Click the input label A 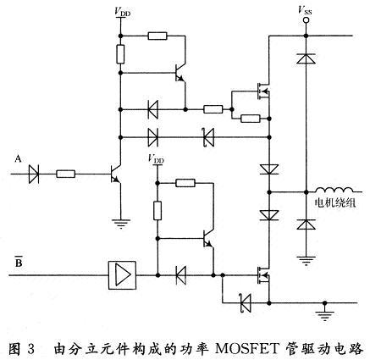coord(18,158)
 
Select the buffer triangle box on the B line coord(123,274)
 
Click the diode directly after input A coord(35,174)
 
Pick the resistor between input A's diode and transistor coord(68,174)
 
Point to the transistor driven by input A coord(115,174)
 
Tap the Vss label coord(303,9)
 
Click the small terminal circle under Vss coord(303,22)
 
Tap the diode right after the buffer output coord(180,274)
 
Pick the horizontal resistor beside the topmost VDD coord(157,36)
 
